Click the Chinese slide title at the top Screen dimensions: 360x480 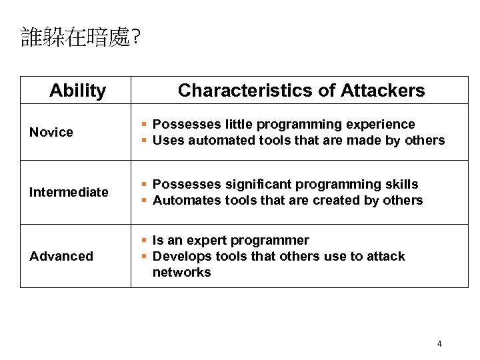pos(80,37)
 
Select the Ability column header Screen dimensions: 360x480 pos(77,91)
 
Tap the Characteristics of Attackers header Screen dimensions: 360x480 pos(301,91)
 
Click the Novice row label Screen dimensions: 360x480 pos(51,132)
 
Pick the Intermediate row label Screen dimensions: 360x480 pos(69,192)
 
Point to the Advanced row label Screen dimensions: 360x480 pos(61,256)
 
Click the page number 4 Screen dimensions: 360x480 pos(439,344)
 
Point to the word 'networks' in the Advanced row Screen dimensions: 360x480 pos(181,272)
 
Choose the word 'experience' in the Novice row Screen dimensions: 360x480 pos(383,124)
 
